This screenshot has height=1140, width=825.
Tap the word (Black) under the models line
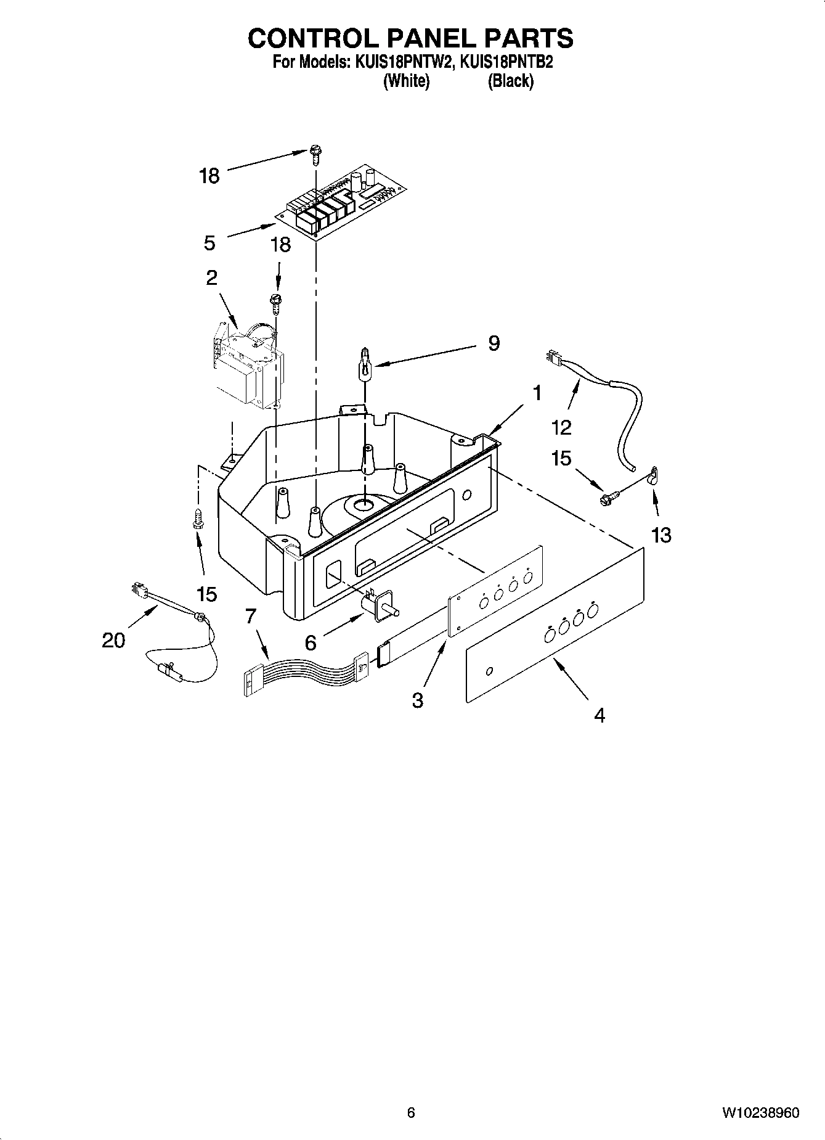tap(510, 81)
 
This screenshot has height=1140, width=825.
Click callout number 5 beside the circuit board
tap(209, 243)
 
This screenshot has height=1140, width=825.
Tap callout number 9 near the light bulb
tap(494, 343)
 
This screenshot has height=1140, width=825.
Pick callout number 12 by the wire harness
tap(562, 426)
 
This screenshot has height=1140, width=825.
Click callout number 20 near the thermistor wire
tap(113, 641)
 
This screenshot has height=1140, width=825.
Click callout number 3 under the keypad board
tap(418, 700)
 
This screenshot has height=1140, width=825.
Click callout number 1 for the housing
tap(537, 392)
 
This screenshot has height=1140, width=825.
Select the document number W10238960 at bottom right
tap(761, 1113)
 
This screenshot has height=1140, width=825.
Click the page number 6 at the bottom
tap(411, 1113)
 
